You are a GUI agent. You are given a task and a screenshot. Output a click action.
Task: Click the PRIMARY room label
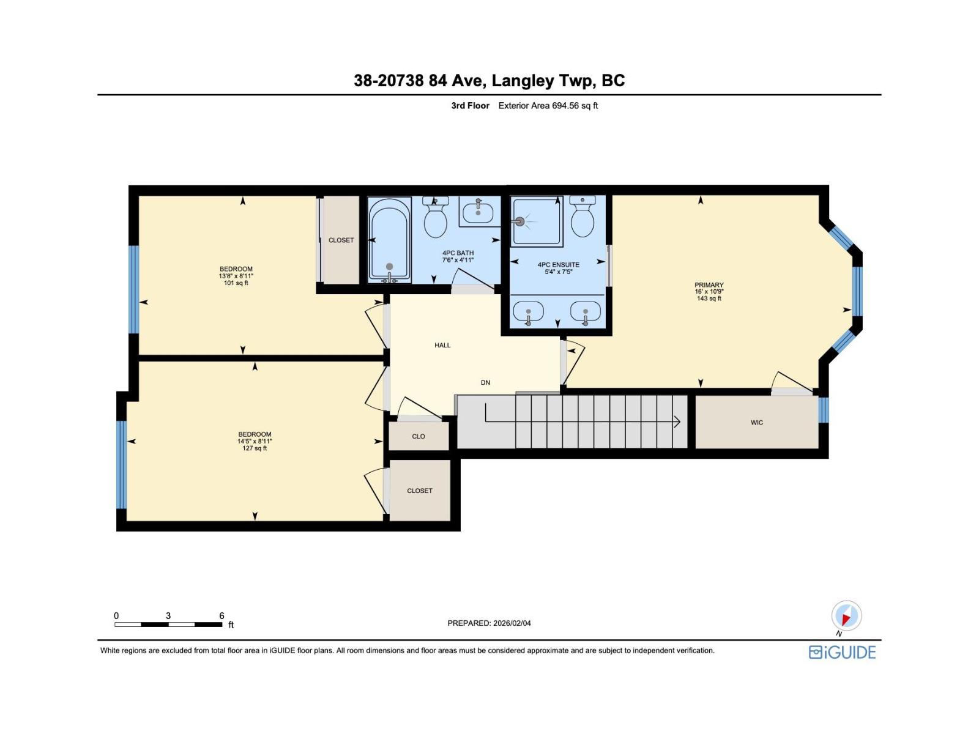(x=709, y=285)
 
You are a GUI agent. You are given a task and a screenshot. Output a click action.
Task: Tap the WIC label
(x=756, y=423)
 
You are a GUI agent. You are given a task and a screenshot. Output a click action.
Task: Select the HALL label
(x=442, y=345)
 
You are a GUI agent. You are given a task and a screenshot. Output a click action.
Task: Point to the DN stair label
(x=485, y=382)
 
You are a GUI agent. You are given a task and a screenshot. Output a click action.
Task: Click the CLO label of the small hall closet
(x=419, y=436)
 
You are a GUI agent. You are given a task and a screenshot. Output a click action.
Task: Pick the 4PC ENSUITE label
(x=559, y=264)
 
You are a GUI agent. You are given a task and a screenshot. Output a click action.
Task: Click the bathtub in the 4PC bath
(x=389, y=240)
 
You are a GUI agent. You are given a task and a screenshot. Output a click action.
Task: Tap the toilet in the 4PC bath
(x=435, y=218)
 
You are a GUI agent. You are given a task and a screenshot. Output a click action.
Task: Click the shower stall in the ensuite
(x=537, y=221)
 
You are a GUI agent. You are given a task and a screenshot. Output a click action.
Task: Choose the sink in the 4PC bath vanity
(x=478, y=213)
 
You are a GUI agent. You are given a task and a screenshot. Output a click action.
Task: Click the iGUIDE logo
(x=842, y=653)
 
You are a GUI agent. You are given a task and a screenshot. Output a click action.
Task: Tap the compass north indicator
(x=846, y=617)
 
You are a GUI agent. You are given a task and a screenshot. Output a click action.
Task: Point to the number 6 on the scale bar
(x=221, y=615)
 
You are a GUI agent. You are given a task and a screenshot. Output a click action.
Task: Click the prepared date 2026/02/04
(x=512, y=623)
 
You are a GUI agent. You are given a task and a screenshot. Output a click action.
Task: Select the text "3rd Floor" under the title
(x=470, y=106)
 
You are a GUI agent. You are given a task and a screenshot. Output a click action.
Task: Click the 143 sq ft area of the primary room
(x=709, y=298)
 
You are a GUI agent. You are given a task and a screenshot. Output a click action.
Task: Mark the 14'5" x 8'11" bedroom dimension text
(x=254, y=441)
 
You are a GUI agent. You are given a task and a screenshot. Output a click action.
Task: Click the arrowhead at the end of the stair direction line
(x=677, y=421)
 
